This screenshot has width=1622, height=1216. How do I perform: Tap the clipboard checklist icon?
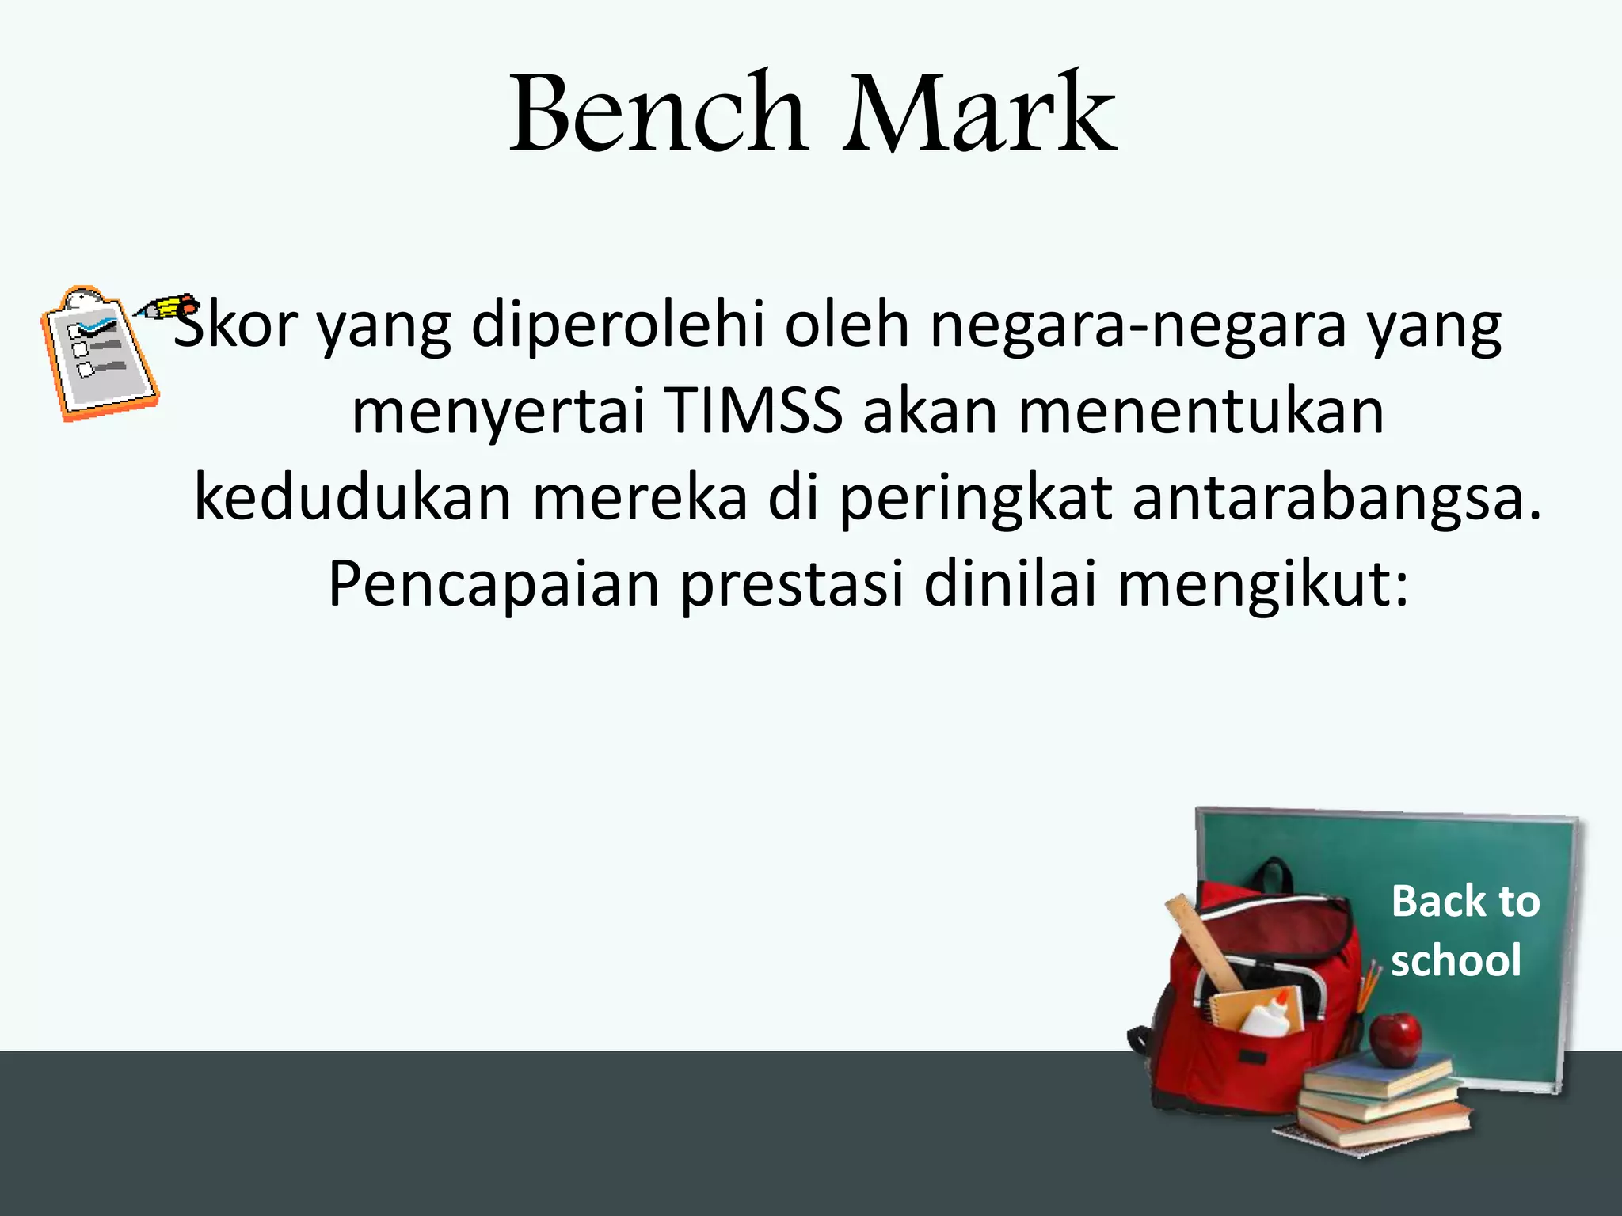99,354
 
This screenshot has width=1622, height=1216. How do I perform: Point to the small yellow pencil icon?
166,306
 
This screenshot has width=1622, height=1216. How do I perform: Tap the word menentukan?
1201,412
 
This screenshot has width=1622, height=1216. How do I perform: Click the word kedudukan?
352,497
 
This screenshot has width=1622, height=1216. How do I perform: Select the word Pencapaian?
493,584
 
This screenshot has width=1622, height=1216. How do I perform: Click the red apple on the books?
1395,1039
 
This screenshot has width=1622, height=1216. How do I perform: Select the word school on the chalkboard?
1456,960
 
